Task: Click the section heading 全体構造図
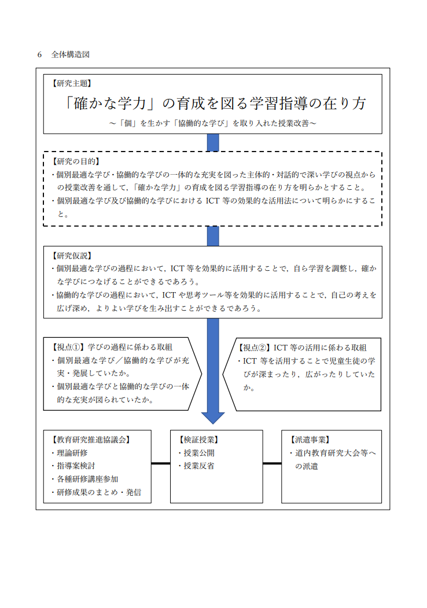pos(71,55)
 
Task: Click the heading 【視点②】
pos(255,348)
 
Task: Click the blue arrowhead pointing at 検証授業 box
pos(213,418)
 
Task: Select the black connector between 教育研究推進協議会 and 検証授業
pos(161,463)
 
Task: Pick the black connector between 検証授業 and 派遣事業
pos(273,463)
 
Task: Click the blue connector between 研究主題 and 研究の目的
pos(213,143)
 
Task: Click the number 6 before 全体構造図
pos(39,55)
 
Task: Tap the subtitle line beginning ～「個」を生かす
pos(213,123)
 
